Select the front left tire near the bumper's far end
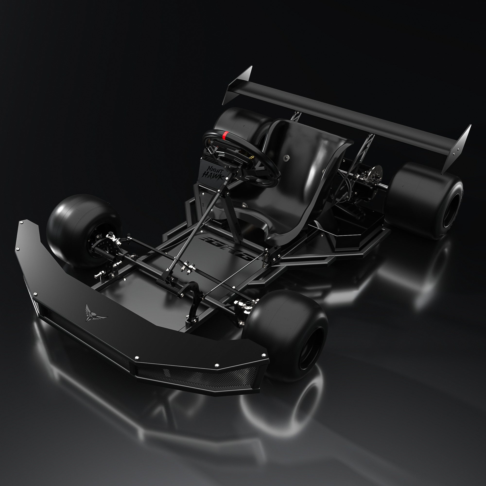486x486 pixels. pos(80,224)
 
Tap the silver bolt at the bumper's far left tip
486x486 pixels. pos(21,223)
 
